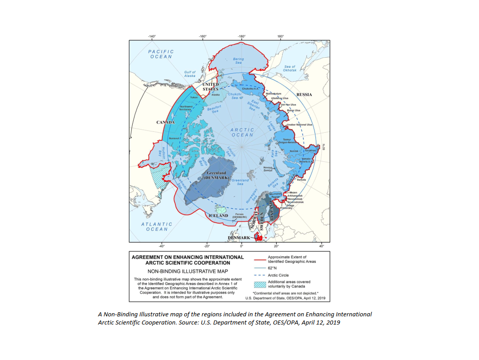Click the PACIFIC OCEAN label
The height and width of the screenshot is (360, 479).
tap(161, 54)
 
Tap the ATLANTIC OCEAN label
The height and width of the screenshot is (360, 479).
tap(156, 226)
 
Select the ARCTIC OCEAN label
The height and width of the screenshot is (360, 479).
tap(242, 132)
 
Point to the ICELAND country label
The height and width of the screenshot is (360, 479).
tap(218, 215)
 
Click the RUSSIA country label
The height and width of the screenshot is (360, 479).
tap(304, 95)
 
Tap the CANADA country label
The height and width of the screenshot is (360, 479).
tap(166, 122)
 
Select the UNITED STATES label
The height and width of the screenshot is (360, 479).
tap(210, 87)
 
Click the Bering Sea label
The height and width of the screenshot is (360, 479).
tap(238, 60)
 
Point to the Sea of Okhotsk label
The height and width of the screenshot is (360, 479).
tap(290, 69)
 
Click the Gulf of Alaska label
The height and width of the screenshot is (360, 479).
tap(190, 74)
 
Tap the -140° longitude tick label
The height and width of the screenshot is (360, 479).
tap(152, 36)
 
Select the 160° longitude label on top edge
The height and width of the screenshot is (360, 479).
tap(280, 36)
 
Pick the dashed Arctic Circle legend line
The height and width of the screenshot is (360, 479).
tap(259, 275)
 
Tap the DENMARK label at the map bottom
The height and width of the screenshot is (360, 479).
tap(239, 238)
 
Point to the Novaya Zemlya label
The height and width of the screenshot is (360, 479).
tap(268, 169)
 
